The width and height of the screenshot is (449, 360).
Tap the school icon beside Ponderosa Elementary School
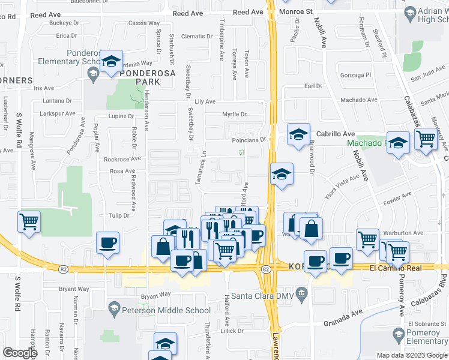pos(111,62)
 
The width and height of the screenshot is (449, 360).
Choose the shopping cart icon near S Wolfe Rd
pos(29,221)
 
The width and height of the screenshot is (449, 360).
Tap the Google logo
pos(20,353)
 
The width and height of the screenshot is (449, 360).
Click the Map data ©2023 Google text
pos(412,355)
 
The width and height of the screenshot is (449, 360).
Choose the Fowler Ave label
pos(400,195)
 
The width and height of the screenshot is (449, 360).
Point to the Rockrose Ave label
pos(122,159)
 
